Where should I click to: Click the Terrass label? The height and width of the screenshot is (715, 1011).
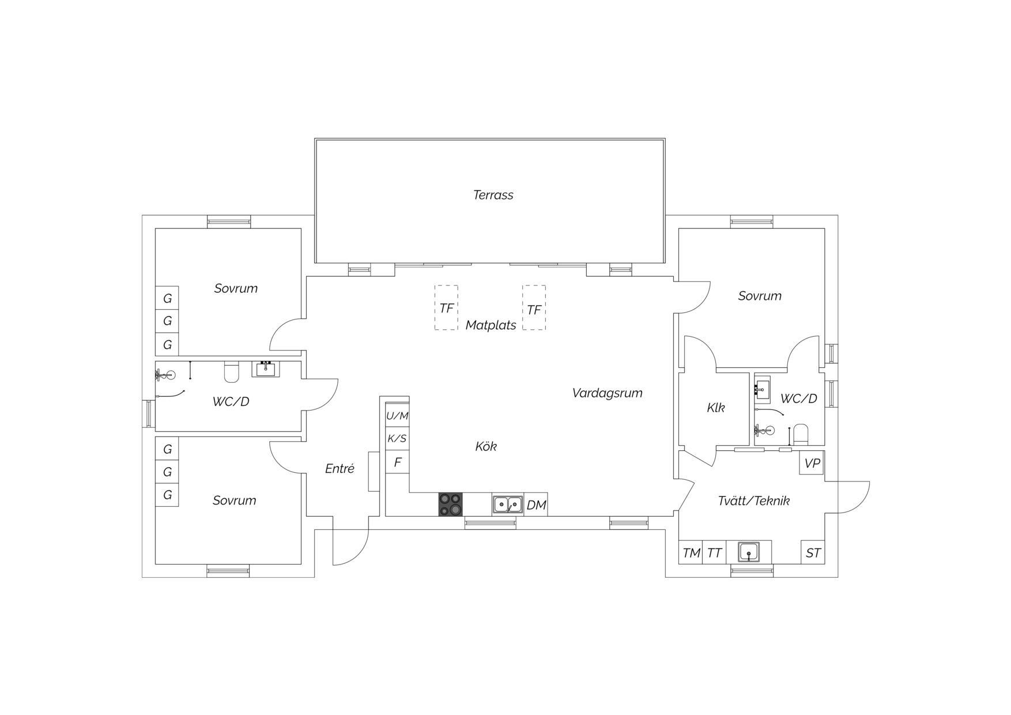pyautogui.click(x=493, y=195)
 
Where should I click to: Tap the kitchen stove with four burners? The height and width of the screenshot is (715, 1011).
pyautogui.click(x=451, y=505)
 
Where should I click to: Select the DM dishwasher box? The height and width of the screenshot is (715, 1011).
pyautogui.click(x=536, y=505)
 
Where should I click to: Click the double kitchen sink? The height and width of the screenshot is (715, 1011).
pyautogui.click(x=507, y=505)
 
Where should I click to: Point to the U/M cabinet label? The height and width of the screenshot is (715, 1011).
pyautogui.click(x=397, y=415)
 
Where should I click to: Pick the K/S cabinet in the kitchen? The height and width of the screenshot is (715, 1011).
pyautogui.click(x=397, y=438)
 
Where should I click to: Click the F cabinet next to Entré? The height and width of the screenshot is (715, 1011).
pyautogui.click(x=397, y=462)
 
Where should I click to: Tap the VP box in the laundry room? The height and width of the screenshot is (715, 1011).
pyautogui.click(x=812, y=463)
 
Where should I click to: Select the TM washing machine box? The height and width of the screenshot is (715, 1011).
pyautogui.click(x=691, y=552)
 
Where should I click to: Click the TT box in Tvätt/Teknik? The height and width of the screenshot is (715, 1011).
pyautogui.click(x=714, y=552)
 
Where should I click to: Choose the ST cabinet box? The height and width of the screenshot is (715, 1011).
pyautogui.click(x=813, y=552)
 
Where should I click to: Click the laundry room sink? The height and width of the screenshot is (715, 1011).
pyautogui.click(x=749, y=552)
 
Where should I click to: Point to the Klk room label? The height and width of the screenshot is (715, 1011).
pyautogui.click(x=715, y=408)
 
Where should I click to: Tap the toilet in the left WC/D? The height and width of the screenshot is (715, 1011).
pyautogui.click(x=231, y=372)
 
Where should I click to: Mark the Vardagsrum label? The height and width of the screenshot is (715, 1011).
pyautogui.click(x=607, y=393)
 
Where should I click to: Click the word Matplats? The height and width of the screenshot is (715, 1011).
pyautogui.click(x=491, y=325)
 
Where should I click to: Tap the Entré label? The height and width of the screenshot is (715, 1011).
pyautogui.click(x=339, y=468)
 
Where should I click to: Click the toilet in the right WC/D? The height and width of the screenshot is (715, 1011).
pyautogui.click(x=801, y=434)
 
